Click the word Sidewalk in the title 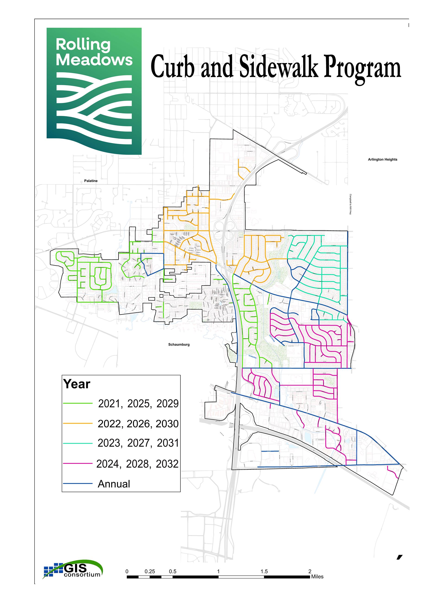tap(279, 66)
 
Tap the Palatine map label tap(91, 181)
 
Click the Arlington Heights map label tap(382, 160)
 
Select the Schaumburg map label tap(179, 344)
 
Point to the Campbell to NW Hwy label tap(350, 204)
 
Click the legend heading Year tap(77, 384)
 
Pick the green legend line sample tap(78, 403)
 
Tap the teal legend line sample tap(78, 443)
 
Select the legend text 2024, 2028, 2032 tap(137, 464)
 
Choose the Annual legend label tap(114, 484)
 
